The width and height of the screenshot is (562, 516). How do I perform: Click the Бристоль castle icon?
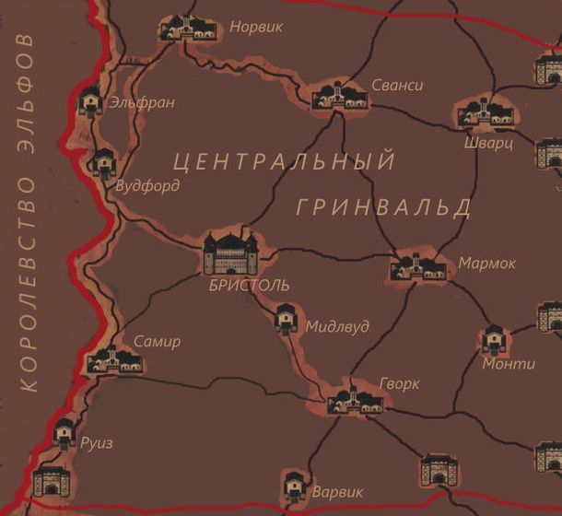click(x=232, y=252)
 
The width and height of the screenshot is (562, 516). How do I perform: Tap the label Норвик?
click(x=255, y=27)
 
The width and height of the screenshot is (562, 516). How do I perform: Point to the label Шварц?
click(x=489, y=145)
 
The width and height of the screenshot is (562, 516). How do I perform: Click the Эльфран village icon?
click(x=90, y=100)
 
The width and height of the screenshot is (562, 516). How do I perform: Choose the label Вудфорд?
click(x=147, y=185)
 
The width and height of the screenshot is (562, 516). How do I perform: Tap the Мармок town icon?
click(x=417, y=266)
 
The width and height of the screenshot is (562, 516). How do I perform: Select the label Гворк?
click(x=399, y=381)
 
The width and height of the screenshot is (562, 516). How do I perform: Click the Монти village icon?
click(x=493, y=340)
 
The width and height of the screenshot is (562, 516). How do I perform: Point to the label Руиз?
click(x=97, y=442)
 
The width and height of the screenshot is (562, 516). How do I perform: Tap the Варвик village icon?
click(x=294, y=485)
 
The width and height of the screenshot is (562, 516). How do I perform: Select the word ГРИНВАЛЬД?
click(x=384, y=207)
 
